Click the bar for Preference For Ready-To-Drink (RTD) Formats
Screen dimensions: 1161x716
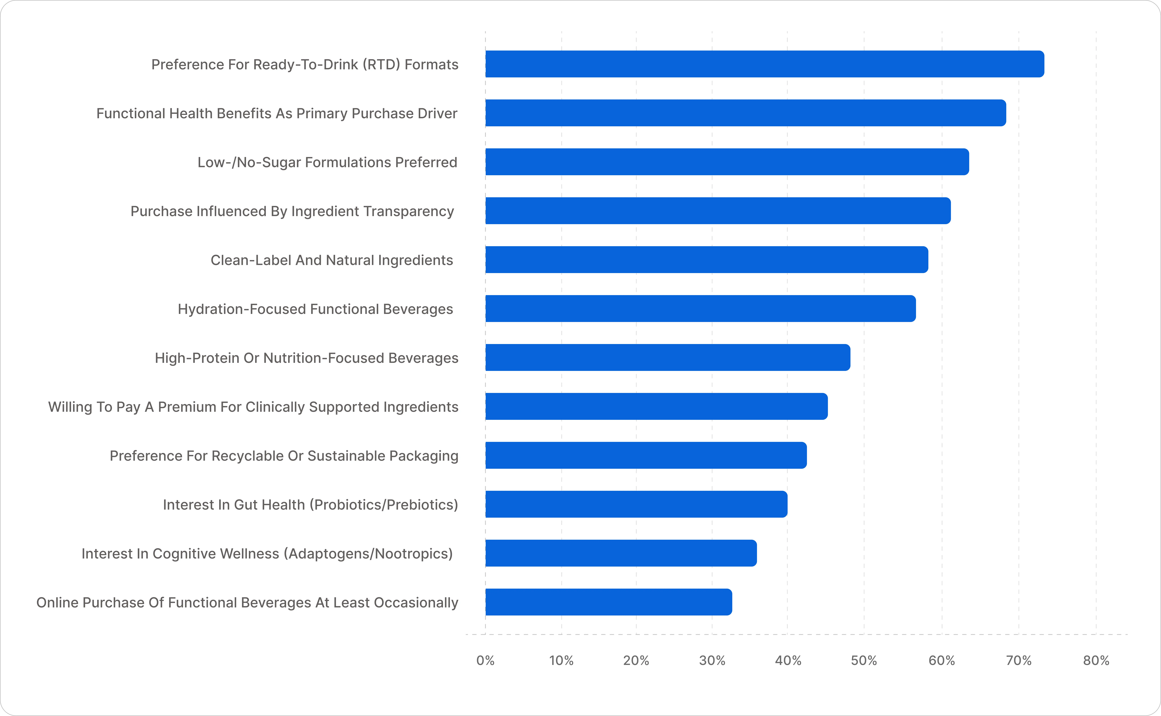765,64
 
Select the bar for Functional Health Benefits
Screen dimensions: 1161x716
746,113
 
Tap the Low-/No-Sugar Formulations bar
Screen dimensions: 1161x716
727,162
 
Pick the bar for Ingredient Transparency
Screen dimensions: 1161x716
718,211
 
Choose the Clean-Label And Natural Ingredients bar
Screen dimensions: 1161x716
707,259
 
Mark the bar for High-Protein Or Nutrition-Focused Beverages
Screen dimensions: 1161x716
668,357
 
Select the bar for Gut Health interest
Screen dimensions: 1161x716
637,504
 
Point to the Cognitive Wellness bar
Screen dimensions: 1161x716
621,553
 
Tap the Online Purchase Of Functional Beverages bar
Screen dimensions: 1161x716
609,602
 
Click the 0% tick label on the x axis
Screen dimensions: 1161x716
485,661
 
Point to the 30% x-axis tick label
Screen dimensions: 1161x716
712,661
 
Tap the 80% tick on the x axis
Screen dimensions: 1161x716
1096,661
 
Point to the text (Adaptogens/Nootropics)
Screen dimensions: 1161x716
368,554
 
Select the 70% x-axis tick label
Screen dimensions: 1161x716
1018,661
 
